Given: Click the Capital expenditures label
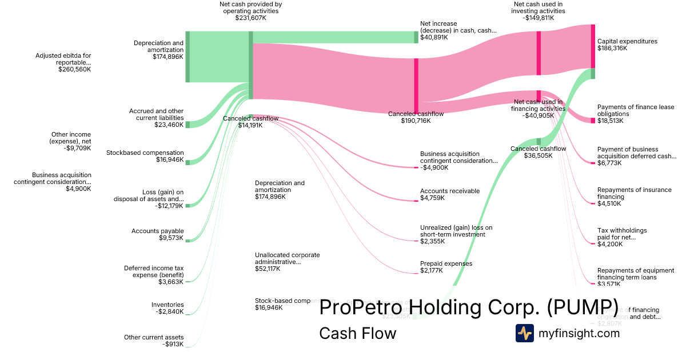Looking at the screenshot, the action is click(x=627, y=45).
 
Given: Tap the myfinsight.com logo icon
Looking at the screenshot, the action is click(x=524, y=333).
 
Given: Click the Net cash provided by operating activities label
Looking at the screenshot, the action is click(x=250, y=11).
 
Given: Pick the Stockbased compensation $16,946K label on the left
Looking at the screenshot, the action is click(x=145, y=156).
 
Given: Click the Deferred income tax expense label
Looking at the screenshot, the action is click(x=154, y=274).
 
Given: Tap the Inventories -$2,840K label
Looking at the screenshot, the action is click(x=167, y=308).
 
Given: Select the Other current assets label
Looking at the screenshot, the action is click(x=154, y=341).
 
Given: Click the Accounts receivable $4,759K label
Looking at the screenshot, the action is click(x=450, y=194).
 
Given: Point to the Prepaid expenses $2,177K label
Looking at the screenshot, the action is click(x=446, y=267).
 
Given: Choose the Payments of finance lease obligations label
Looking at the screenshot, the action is click(x=628, y=114).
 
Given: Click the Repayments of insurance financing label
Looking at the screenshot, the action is click(x=626, y=197).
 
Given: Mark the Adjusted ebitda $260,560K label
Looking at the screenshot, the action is click(x=63, y=62).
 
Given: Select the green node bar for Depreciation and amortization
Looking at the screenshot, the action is click(x=188, y=57).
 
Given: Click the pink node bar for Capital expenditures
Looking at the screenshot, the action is click(x=593, y=46).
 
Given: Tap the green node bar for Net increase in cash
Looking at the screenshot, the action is click(x=416, y=37).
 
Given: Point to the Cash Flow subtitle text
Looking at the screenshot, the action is click(x=357, y=333).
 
